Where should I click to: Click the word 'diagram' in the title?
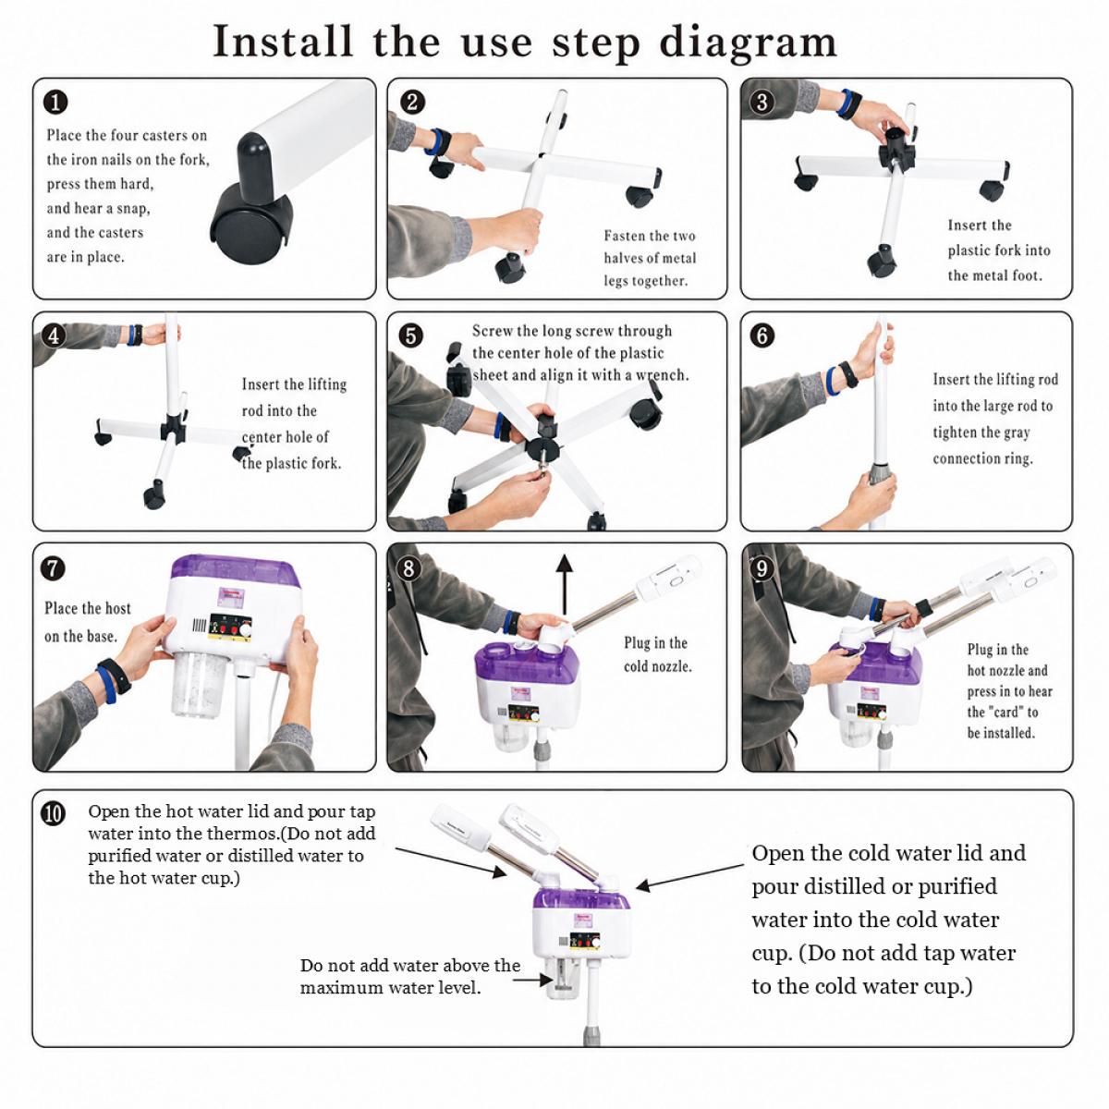[749, 43]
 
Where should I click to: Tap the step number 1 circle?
[55, 103]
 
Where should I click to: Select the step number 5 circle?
[411, 335]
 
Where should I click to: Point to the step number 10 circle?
[54, 814]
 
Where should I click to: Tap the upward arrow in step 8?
[566, 585]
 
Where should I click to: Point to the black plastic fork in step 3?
[897, 149]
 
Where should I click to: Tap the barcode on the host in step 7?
[199, 626]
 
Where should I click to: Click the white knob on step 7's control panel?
[247, 631]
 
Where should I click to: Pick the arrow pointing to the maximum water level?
[533, 980]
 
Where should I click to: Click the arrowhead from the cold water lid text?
[643, 885]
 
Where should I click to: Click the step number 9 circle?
[762, 568]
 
